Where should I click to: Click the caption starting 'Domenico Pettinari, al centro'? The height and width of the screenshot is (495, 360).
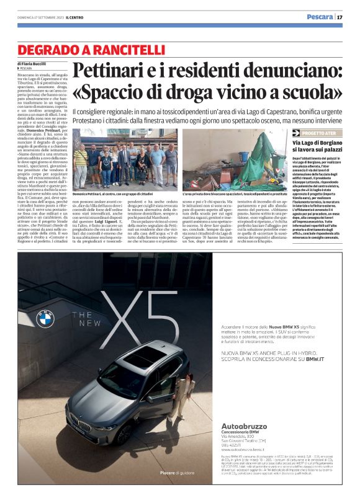point(118,194)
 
